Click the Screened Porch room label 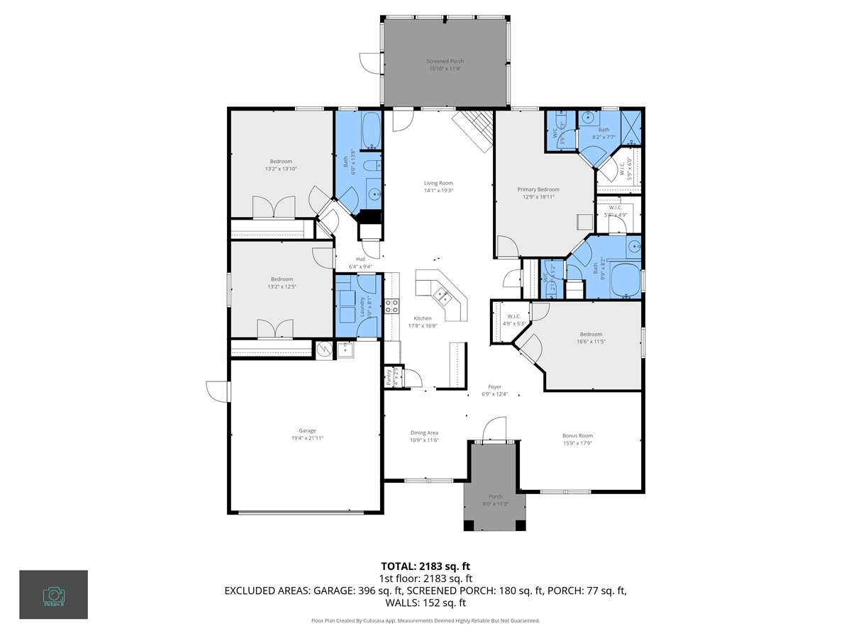tap(445, 62)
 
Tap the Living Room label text tap(438, 183)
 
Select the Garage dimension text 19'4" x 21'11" tap(306, 439)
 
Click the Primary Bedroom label tap(538, 189)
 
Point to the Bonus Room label tap(577, 436)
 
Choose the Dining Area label tap(425, 432)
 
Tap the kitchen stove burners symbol tap(391, 306)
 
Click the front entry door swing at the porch tap(493, 430)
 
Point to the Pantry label tap(389, 376)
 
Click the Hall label tap(360, 259)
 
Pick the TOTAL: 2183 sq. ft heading tap(425, 566)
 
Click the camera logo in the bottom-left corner tap(53, 594)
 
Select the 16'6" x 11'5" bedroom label tap(591, 337)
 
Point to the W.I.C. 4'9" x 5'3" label tap(514, 320)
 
